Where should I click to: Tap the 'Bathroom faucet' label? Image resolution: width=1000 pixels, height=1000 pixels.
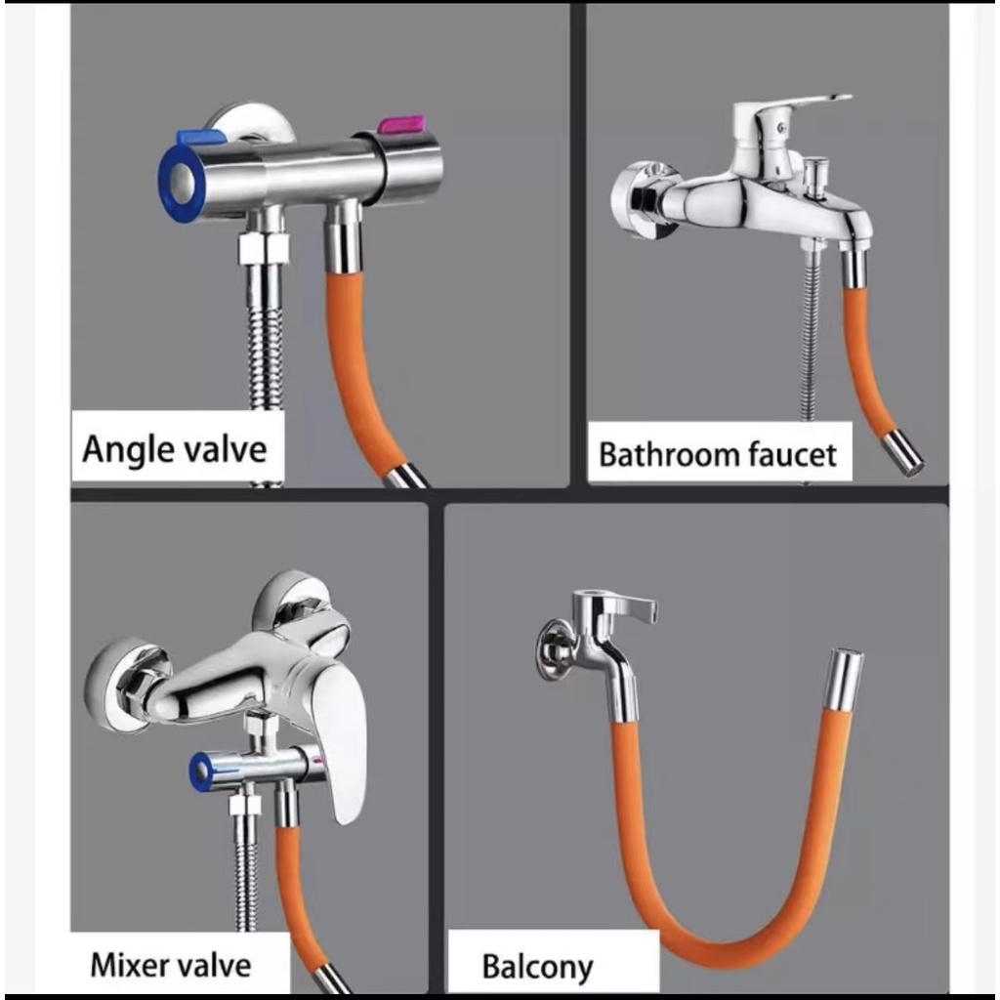718,454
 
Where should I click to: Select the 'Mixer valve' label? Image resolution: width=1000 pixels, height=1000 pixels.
171,965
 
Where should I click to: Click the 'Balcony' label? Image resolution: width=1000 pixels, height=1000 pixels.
537,967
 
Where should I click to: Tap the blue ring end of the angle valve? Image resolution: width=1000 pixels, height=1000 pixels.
181,183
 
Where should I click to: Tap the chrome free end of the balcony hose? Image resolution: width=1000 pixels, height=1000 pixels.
844,679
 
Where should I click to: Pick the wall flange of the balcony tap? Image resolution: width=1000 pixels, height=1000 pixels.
553,649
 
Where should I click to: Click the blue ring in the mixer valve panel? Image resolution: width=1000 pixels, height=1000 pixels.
200,771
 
